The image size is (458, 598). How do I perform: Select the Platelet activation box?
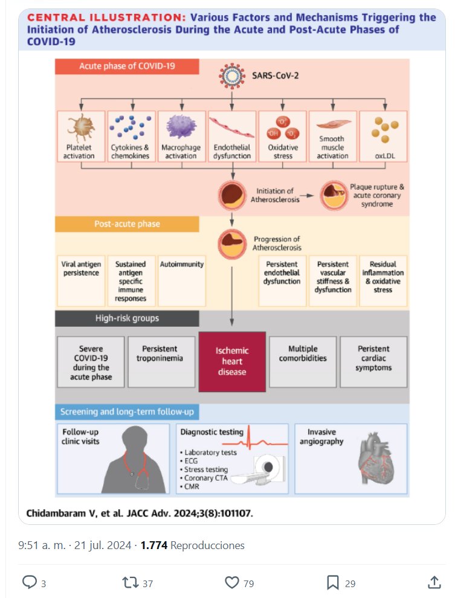(80, 137)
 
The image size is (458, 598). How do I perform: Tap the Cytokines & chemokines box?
(130, 137)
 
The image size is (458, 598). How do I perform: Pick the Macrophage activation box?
(181, 137)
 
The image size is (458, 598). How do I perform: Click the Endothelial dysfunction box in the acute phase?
(232, 137)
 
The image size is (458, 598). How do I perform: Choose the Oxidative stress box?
(282, 137)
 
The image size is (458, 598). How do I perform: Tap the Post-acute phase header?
(127, 224)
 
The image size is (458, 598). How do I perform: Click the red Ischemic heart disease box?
(232, 361)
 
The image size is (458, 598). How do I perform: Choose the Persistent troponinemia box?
(161, 361)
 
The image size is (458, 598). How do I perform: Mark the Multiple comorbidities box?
(303, 361)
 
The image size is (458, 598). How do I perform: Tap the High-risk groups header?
(127, 318)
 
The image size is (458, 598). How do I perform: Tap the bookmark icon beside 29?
(332, 582)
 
